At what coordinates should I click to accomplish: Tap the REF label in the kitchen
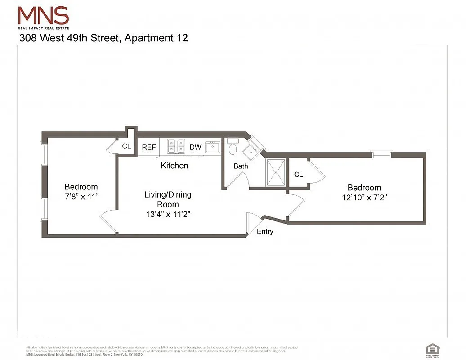coord(149,147)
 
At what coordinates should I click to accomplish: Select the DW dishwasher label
coord(195,147)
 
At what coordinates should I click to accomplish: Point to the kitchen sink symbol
coord(212,147)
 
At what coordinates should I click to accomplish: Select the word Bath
coord(241,166)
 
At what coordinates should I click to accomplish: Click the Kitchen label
coord(175,166)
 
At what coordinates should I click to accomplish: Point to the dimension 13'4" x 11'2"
coord(168,214)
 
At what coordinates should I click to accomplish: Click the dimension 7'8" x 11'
coord(81,197)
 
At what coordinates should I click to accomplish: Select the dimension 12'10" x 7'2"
coord(364,198)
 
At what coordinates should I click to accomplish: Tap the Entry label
coord(265,231)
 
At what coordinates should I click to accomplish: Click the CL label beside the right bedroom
coord(299,174)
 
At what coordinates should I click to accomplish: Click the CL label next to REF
coord(126,146)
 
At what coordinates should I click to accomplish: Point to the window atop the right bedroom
coord(381,154)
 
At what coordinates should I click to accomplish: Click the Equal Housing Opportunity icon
coord(432,349)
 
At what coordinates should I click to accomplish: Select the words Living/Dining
coord(168,194)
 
